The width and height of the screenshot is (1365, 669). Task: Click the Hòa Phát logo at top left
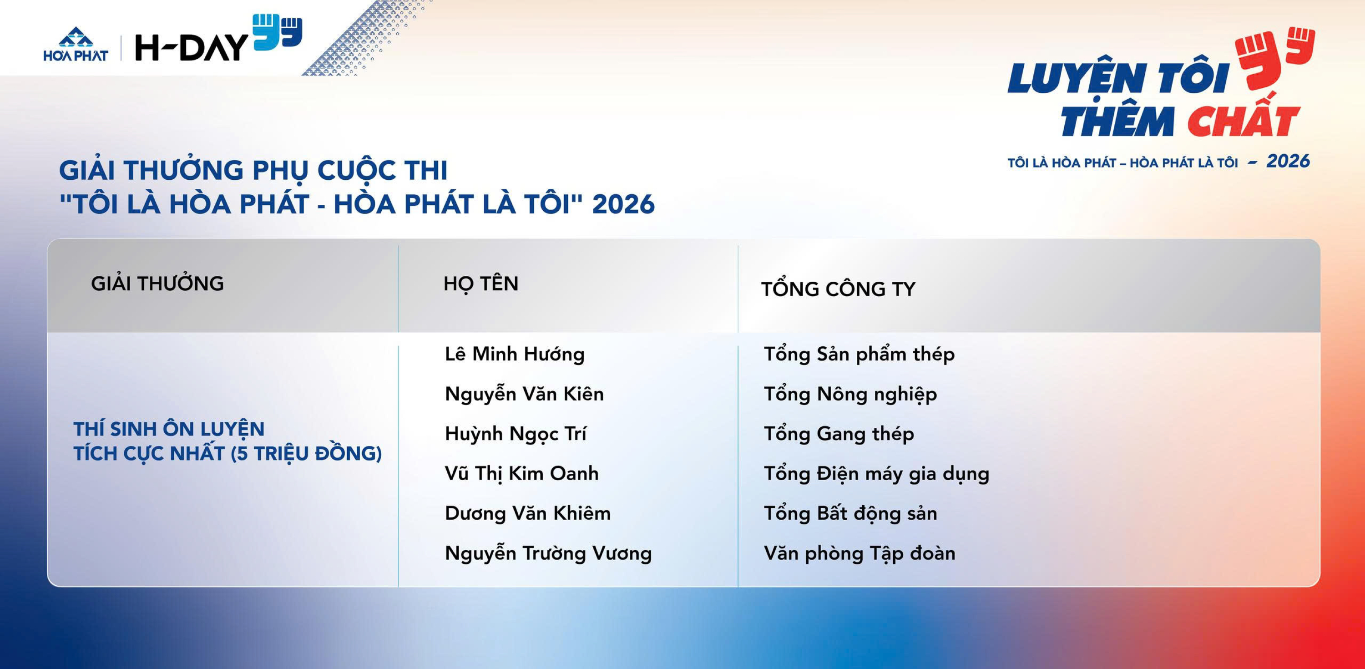tap(76, 45)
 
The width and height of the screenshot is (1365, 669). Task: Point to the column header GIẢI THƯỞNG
tap(157, 284)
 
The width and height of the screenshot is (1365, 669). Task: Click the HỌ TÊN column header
tap(480, 284)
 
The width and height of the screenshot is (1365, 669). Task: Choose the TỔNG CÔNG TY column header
tap(838, 289)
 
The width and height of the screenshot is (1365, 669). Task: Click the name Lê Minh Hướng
tap(515, 354)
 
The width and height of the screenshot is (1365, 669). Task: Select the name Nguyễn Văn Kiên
tap(524, 394)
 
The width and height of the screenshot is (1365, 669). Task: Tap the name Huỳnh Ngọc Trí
tap(515, 434)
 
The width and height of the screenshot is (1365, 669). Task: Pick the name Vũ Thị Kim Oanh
tap(521, 473)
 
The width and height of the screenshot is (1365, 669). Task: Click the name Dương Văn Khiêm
tap(528, 513)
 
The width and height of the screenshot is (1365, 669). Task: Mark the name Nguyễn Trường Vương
tap(548, 553)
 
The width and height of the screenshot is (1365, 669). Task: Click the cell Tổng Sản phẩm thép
tap(859, 354)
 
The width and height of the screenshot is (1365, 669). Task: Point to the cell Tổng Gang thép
tap(839, 434)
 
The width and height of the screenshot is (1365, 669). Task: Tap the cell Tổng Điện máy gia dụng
tap(876, 474)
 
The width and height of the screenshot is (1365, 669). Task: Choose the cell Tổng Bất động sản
tap(850, 513)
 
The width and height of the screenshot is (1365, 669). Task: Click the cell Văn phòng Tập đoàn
tap(859, 553)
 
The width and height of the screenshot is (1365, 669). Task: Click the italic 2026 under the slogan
tap(1288, 161)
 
